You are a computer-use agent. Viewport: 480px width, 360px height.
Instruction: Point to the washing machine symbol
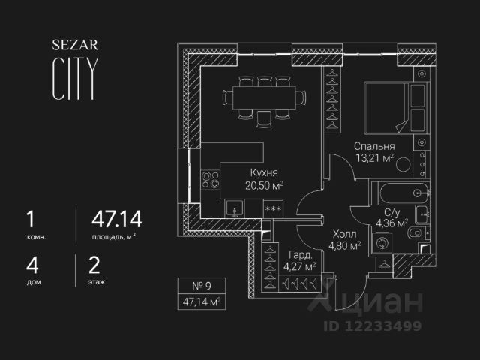click(383, 244)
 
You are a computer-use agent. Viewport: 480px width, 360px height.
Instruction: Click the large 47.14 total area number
click(116, 220)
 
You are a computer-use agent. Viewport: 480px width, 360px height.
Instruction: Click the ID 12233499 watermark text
click(373, 325)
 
